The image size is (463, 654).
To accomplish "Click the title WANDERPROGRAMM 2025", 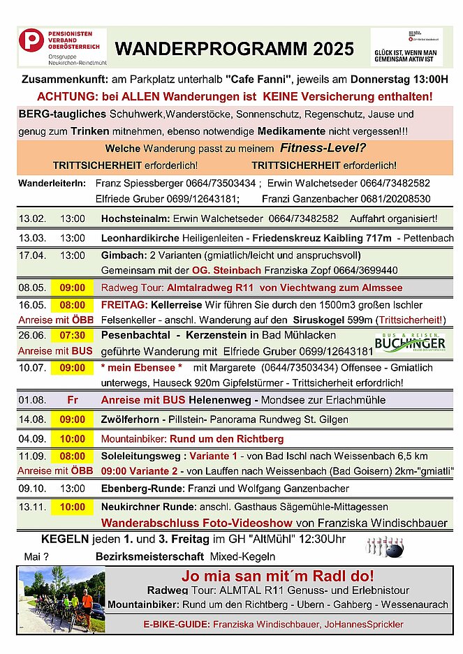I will (x=234, y=49).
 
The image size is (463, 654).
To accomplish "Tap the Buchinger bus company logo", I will (x=409, y=343).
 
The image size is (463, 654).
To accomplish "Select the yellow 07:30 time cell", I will (x=72, y=336).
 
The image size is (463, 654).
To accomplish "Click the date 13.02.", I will (x=32, y=219).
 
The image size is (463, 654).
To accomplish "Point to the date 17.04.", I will (x=32, y=255).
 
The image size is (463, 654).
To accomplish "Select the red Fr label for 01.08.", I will (x=72, y=401).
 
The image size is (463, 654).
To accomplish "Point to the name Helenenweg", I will (x=200, y=401).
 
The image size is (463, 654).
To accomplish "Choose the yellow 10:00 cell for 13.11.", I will (x=72, y=507).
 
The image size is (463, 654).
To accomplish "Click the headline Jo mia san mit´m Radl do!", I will (x=277, y=577).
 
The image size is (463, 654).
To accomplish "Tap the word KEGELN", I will (x=65, y=540).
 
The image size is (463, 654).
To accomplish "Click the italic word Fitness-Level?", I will (x=323, y=148).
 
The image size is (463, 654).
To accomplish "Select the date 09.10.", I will (x=32, y=488).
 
